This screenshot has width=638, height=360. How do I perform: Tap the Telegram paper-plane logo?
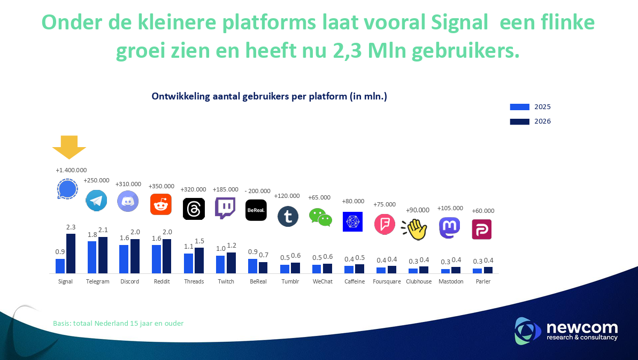(96, 201)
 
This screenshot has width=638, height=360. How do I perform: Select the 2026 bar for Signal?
(71, 254)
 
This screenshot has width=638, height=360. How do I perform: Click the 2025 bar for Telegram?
(92, 257)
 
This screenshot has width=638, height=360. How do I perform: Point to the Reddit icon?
(160, 204)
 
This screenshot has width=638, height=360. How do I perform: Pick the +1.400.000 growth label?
(71, 170)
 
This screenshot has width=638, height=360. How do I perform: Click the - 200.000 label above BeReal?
(258, 191)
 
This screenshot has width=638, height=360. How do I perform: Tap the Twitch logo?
(225, 208)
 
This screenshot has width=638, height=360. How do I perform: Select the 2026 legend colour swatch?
(519, 121)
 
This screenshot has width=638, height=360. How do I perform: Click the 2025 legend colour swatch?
(519, 107)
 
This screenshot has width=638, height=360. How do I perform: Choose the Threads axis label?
(194, 281)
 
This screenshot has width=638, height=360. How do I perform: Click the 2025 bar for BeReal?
(252, 266)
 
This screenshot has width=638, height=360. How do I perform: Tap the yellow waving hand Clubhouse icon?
(415, 229)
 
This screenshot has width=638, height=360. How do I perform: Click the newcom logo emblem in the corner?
(524, 330)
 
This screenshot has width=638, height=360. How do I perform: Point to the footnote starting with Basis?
(118, 324)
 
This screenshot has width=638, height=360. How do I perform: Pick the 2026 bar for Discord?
(135, 256)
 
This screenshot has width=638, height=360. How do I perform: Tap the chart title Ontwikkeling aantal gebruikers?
(269, 97)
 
